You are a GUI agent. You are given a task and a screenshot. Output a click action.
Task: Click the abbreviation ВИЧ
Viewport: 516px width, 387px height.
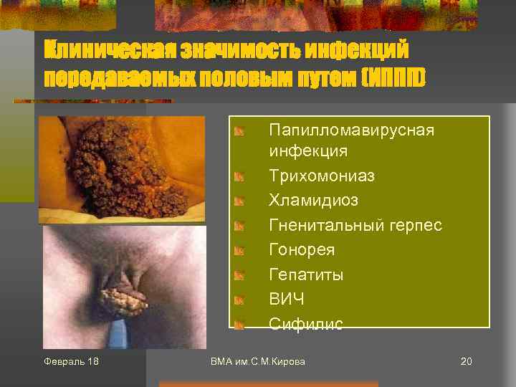[x=286, y=300]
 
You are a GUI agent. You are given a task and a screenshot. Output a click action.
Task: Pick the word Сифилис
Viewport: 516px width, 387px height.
[x=305, y=325]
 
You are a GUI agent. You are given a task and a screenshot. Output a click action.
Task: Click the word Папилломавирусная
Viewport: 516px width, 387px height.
[x=351, y=130]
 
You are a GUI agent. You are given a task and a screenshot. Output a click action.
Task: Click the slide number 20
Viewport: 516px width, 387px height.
[x=466, y=361]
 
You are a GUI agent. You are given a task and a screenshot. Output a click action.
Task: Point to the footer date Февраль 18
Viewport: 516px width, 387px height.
[x=71, y=361]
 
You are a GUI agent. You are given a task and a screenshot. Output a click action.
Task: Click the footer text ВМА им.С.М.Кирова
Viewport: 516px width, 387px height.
[x=258, y=361]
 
